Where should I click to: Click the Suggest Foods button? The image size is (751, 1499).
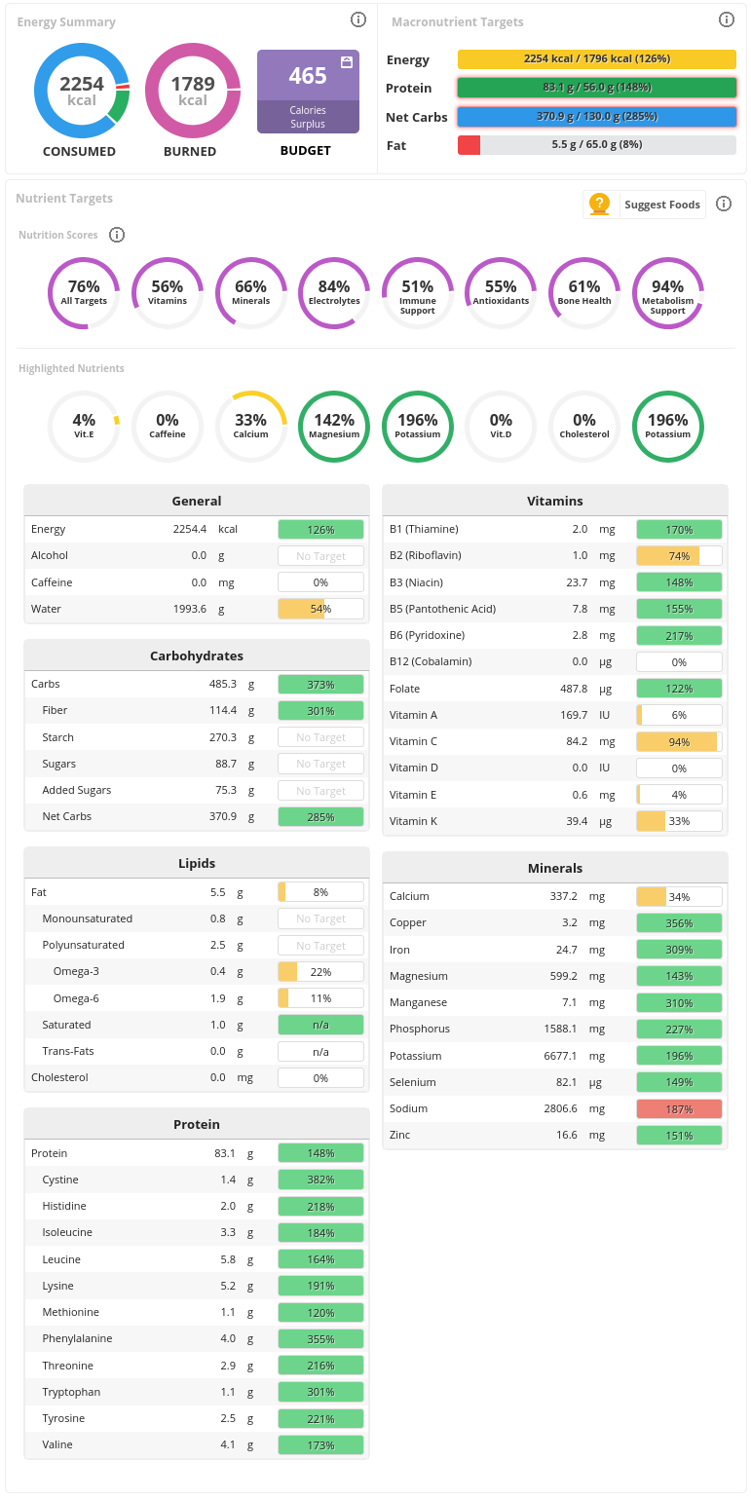[x=645, y=205]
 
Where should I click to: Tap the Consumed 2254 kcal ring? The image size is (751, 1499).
[x=82, y=92]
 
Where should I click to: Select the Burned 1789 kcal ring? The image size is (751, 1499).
[x=193, y=92]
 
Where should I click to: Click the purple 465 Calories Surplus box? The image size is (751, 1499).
[x=308, y=92]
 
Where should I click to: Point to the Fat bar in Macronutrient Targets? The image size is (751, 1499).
[x=596, y=145]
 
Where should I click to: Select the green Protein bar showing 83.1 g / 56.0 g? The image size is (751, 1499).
[x=596, y=88]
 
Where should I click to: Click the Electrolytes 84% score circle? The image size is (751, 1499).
[x=334, y=293]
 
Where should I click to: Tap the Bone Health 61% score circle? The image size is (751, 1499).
[x=584, y=293]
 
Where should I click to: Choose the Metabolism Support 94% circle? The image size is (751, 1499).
[x=668, y=293]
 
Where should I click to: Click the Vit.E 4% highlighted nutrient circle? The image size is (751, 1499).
[x=84, y=427]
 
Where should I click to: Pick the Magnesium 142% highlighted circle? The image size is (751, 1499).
[x=334, y=427]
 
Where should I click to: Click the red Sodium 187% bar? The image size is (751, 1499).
[x=679, y=1109]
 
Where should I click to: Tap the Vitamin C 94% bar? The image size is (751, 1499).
[x=679, y=742]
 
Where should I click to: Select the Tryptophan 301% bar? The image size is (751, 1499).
[x=320, y=1392]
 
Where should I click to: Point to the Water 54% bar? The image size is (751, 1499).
[x=320, y=609]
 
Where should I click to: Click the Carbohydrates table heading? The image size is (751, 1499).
[x=197, y=656]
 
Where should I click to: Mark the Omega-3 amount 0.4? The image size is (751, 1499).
[x=217, y=972]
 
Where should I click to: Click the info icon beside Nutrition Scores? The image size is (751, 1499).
[x=117, y=235]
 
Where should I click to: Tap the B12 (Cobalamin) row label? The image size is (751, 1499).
[x=431, y=662]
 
